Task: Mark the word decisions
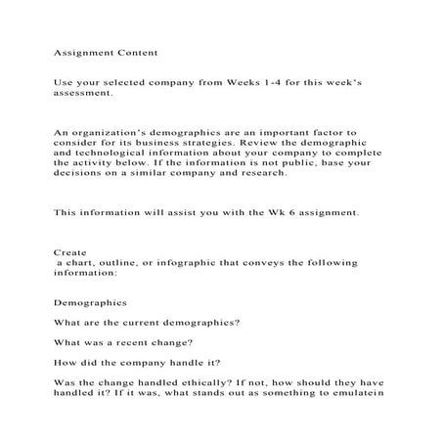coord(79,175)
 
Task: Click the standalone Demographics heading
coord(90,302)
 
